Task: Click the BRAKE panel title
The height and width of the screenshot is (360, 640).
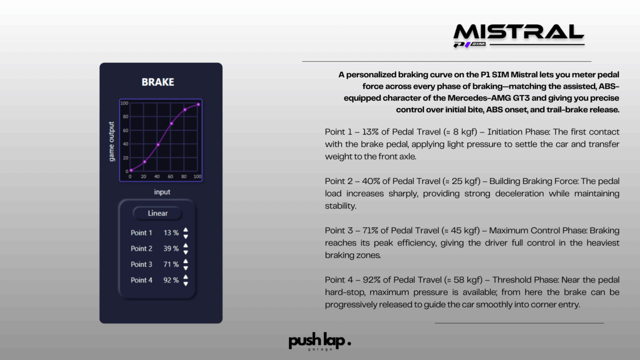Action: pyautogui.click(x=158, y=82)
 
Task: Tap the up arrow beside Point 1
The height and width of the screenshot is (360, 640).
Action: pyautogui.click(x=186, y=230)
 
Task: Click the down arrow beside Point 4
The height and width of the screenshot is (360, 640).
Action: pyautogui.click(x=186, y=284)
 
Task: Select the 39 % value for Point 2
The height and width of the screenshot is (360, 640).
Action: pyautogui.click(x=171, y=249)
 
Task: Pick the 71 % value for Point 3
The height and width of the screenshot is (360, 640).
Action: pyautogui.click(x=171, y=265)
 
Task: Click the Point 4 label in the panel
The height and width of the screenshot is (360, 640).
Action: pyautogui.click(x=141, y=280)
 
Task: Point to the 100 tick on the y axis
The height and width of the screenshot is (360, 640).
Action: pyautogui.click(x=124, y=103)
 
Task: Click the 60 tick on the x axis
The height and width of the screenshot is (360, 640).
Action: pyautogui.click(x=170, y=176)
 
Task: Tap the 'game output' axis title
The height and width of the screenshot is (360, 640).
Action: pyautogui.click(x=111, y=141)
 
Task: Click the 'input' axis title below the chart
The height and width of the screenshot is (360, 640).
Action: pyautogui.click(x=162, y=192)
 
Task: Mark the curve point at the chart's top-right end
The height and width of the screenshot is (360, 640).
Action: pyautogui.click(x=198, y=105)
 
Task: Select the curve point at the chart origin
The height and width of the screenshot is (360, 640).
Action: pyautogui.click(x=131, y=170)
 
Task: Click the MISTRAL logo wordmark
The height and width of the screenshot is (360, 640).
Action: pyautogui.click(x=519, y=32)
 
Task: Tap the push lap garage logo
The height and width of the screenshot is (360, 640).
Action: pyautogui.click(x=319, y=341)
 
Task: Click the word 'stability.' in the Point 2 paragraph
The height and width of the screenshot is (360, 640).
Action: pyautogui.click(x=341, y=206)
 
